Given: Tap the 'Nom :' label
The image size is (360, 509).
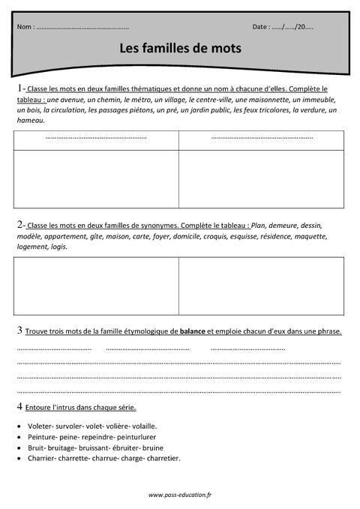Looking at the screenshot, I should click(x=25, y=27).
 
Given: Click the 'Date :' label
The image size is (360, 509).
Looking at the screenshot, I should click(x=261, y=27).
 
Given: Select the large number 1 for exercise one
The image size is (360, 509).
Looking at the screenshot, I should click(x=19, y=88).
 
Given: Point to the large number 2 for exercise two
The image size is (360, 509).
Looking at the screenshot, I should click(x=19, y=224).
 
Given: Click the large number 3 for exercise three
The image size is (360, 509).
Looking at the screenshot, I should click(x=19, y=331).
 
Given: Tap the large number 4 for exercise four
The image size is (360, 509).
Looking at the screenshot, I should click(x=19, y=406).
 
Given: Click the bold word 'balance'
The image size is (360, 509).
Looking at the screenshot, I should click(x=193, y=331).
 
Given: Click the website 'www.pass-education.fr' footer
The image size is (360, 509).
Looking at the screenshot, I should click(x=179, y=495).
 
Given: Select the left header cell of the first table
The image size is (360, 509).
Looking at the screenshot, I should click(x=96, y=139).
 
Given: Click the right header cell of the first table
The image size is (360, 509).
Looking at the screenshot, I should click(x=261, y=139).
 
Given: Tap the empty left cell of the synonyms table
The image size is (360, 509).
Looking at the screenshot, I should click(x=96, y=285).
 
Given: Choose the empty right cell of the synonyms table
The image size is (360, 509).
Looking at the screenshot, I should click(x=261, y=285).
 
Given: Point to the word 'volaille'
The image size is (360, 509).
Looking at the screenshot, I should click(x=161, y=424).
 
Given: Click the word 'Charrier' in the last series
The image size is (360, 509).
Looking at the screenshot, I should click(x=41, y=458).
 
